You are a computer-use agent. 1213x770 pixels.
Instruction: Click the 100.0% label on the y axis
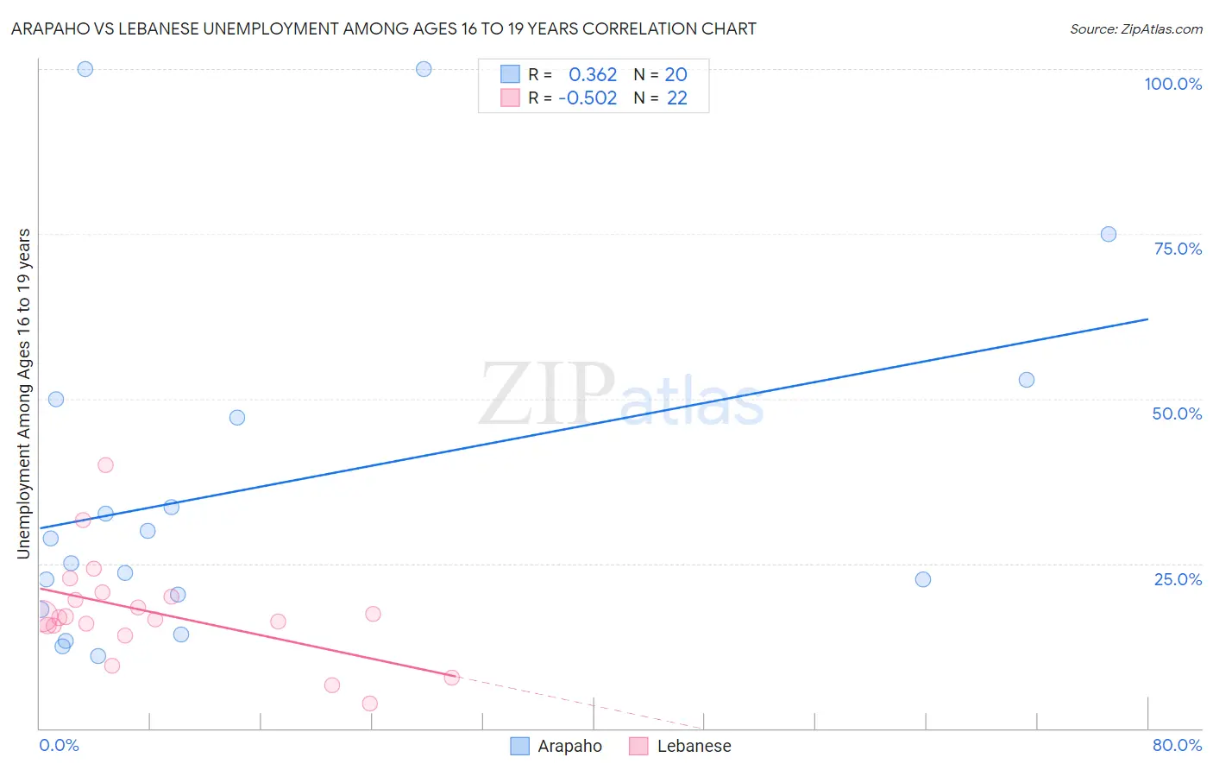pyautogui.click(x=1172, y=84)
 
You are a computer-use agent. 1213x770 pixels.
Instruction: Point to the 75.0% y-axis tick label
pyautogui.click(x=1178, y=249)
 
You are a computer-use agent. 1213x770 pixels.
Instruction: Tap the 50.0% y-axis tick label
pyautogui.click(x=1177, y=413)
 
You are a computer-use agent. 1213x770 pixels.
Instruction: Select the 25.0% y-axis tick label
pyautogui.click(x=1178, y=579)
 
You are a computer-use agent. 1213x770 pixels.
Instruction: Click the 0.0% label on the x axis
pyautogui.click(x=59, y=745)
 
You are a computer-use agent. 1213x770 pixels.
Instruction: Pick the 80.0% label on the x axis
pyautogui.click(x=1177, y=745)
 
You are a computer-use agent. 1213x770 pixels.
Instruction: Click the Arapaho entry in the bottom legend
pyautogui.click(x=569, y=746)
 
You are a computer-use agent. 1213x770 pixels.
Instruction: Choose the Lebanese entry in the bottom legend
pyautogui.click(x=694, y=746)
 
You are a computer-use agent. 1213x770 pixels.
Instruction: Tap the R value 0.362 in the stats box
pyautogui.click(x=593, y=75)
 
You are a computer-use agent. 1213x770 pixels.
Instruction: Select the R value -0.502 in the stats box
pyautogui.click(x=588, y=98)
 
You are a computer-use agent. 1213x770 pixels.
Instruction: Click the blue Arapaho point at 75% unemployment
pyautogui.click(x=1109, y=234)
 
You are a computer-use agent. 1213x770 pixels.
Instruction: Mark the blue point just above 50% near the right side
pyautogui.click(x=1026, y=380)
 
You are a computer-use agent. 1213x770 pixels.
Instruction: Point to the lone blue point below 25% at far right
pyautogui.click(x=923, y=579)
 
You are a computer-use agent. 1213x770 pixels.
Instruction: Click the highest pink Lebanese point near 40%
pyautogui.click(x=105, y=464)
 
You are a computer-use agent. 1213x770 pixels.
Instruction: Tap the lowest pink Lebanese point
pyautogui.click(x=369, y=704)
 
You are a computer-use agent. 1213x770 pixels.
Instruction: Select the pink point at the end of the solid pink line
pyautogui.click(x=451, y=678)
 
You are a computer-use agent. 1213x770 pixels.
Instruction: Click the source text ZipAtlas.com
pyautogui.click(x=1135, y=29)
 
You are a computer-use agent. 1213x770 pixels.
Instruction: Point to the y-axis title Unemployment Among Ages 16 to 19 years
pyautogui.click(x=24, y=393)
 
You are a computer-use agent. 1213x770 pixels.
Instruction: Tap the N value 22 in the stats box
pyautogui.click(x=677, y=98)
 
